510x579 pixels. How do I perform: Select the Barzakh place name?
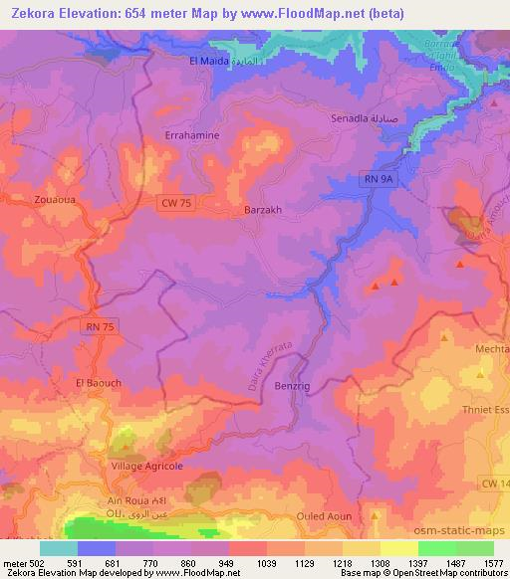click(264, 210)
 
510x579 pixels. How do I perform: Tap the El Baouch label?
click(98, 382)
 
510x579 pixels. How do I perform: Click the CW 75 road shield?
click(175, 203)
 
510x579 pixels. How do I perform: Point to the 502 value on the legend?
click(34, 562)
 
